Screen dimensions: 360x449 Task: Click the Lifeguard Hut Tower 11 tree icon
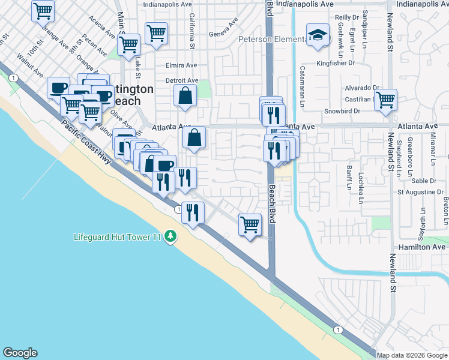click(171, 236)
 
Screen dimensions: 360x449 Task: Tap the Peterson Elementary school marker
click(316, 36)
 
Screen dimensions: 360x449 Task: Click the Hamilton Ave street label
click(422, 247)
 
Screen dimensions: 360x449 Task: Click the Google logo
click(20, 353)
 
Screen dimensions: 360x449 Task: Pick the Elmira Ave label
click(181, 65)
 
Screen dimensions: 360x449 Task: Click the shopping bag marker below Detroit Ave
click(185, 96)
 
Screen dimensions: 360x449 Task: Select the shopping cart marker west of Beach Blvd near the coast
click(250, 226)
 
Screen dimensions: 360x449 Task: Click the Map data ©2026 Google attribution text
click(412, 355)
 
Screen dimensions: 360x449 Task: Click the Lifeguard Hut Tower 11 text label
click(118, 237)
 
